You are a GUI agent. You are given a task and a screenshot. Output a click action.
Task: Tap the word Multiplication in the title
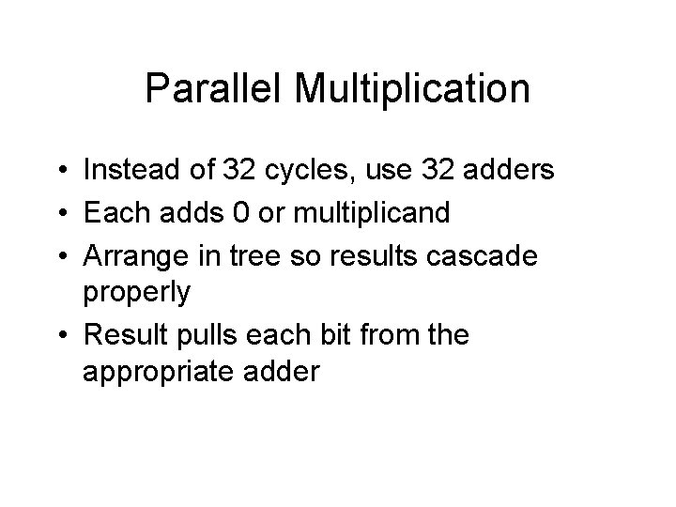[412, 90]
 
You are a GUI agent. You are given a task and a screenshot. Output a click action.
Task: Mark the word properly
[137, 293]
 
